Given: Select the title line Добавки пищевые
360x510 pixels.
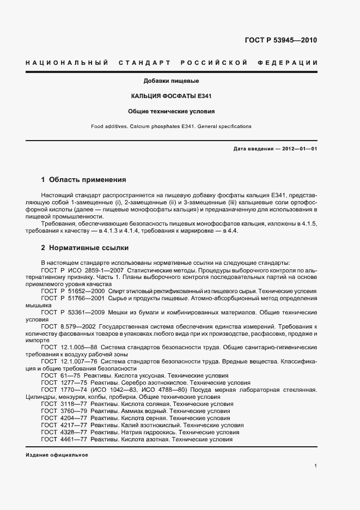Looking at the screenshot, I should [171, 81].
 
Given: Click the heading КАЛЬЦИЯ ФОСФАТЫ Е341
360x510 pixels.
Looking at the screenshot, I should [171, 96].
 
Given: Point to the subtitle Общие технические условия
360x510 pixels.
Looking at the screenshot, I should [171, 111].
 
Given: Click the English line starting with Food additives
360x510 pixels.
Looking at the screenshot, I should [171, 126].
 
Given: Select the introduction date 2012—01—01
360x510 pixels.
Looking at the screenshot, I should [299, 148].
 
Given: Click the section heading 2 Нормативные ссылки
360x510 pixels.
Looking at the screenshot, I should [85, 248].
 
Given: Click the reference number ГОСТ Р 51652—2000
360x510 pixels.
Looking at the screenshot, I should [74, 291].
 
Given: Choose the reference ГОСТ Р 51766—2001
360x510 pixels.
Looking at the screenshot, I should [74, 299].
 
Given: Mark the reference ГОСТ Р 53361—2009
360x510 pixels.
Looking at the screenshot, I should [74, 313].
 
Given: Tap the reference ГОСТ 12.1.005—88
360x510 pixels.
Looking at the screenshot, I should [69, 348].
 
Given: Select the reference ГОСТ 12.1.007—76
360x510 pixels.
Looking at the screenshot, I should [69, 362].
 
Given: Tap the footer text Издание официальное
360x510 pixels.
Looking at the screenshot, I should [57, 455].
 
